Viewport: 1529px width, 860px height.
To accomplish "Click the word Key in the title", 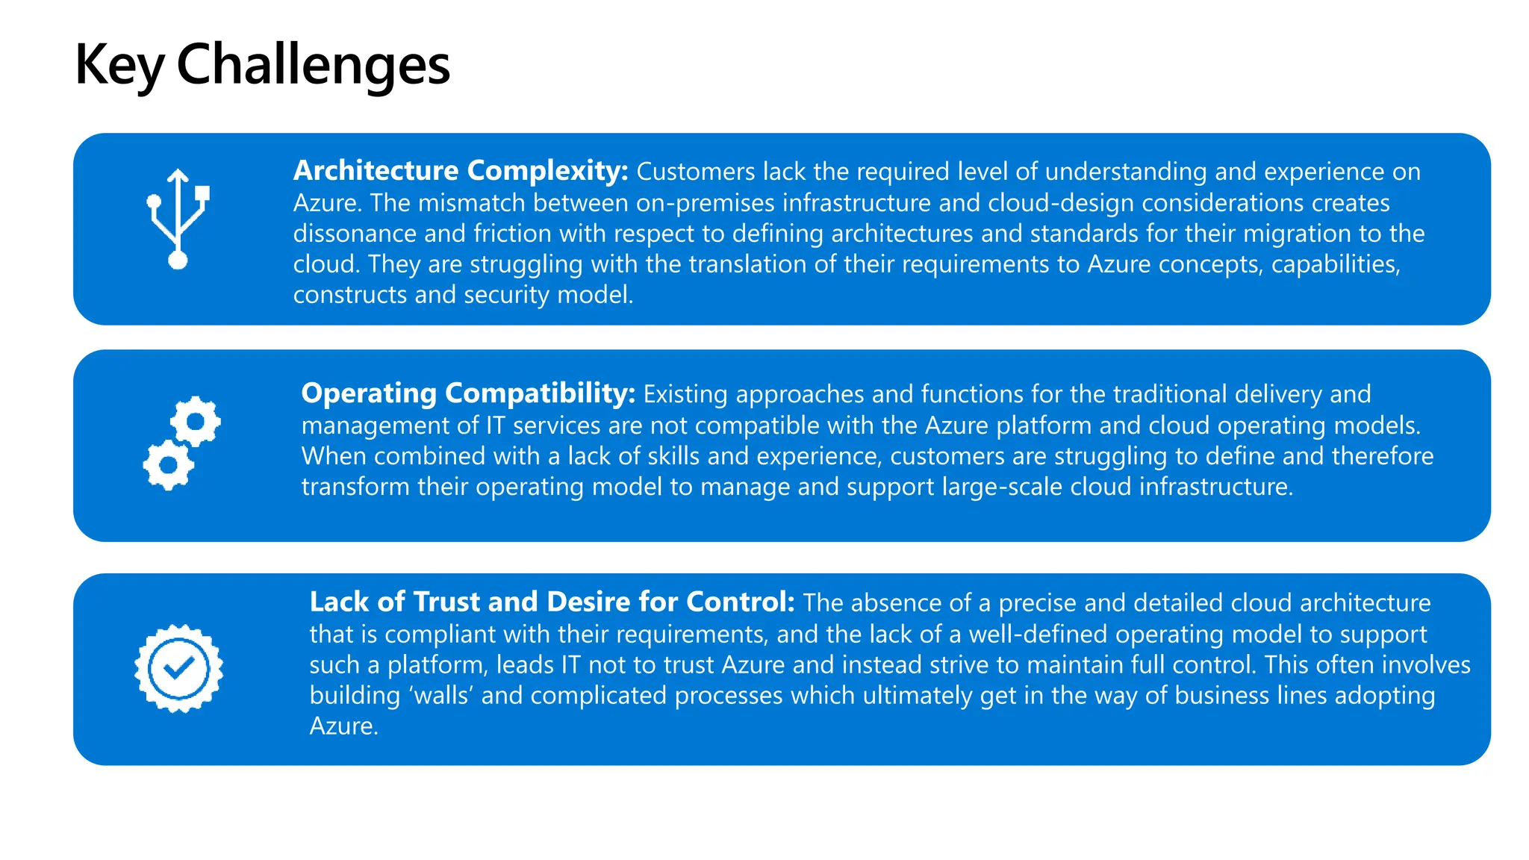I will (x=119, y=66).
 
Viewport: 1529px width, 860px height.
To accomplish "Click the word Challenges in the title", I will (x=313, y=66).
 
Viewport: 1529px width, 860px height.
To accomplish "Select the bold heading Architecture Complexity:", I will (x=461, y=171).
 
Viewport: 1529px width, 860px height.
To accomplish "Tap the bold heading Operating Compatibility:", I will (x=468, y=393).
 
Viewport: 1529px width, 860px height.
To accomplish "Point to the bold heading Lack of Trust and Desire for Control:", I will (x=552, y=602).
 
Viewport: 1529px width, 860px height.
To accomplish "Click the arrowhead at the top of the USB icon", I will (x=178, y=176).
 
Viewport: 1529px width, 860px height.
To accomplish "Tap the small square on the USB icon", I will (x=202, y=194).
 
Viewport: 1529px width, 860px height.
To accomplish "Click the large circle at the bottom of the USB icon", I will (x=178, y=260).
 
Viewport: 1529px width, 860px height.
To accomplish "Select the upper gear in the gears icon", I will (x=196, y=422).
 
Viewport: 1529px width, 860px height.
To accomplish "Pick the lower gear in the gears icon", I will (x=168, y=465).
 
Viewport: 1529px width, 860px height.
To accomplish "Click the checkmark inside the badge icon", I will (x=178, y=667).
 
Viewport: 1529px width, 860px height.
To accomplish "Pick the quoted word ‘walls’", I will (x=440, y=696).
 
